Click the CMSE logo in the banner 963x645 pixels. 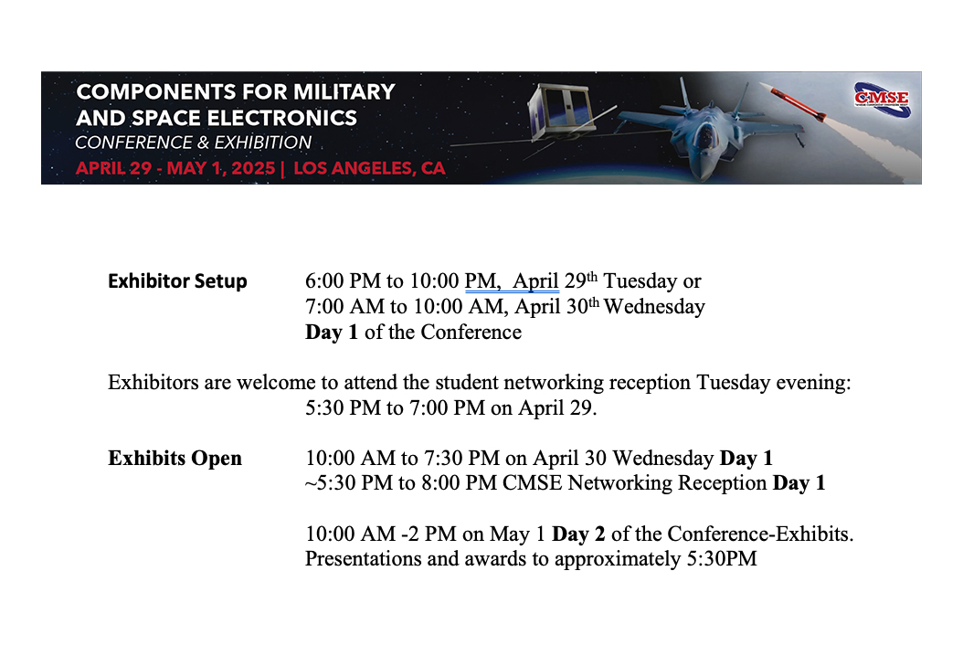tap(881, 97)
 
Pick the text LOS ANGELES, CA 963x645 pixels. tap(369, 169)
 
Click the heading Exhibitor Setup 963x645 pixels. tap(177, 281)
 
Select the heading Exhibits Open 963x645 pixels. tap(175, 458)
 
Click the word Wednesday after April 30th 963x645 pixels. tap(654, 307)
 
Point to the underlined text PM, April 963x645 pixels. tap(512, 281)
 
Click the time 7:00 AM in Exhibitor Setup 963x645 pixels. tap(339, 307)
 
